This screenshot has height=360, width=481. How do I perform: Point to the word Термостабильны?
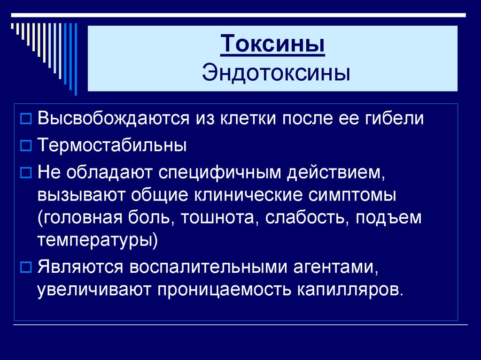click(x=112, y=145)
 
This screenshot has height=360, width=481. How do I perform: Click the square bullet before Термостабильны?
click(x=27, y=146)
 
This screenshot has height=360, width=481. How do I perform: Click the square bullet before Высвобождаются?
click(x=27, y=118)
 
